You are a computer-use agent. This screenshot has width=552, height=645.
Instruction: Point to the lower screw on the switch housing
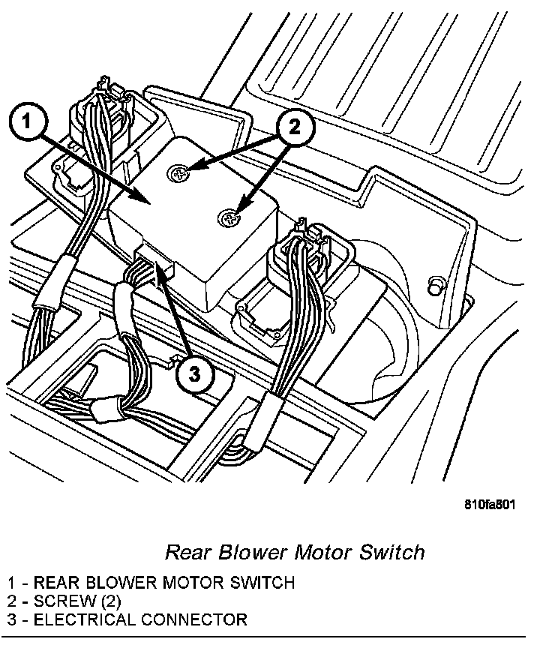(229, 217)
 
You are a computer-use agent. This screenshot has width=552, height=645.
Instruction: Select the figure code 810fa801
(490, 504)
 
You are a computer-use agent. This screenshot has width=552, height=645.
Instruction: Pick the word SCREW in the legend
(61, 601)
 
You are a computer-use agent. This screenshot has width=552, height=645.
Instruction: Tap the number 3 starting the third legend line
(12, 620)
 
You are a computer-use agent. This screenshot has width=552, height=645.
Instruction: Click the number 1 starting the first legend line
(12, 583)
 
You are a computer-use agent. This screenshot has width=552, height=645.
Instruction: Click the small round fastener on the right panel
(433, 286)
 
